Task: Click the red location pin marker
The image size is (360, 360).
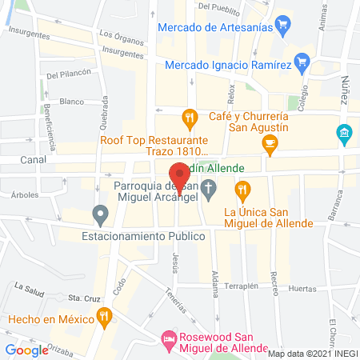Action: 178,178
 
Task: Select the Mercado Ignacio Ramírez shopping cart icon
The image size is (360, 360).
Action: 302,61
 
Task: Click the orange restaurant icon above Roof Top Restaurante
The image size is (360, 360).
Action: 190,119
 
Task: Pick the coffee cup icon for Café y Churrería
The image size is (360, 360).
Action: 270,143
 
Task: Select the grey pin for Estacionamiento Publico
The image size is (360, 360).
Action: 100,214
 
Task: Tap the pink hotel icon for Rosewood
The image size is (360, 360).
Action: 169,341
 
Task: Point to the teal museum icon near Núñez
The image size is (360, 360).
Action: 344,131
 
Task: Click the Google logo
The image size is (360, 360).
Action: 26,350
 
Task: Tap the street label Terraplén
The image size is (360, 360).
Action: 242,286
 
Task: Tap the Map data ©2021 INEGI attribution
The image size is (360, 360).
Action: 310,354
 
